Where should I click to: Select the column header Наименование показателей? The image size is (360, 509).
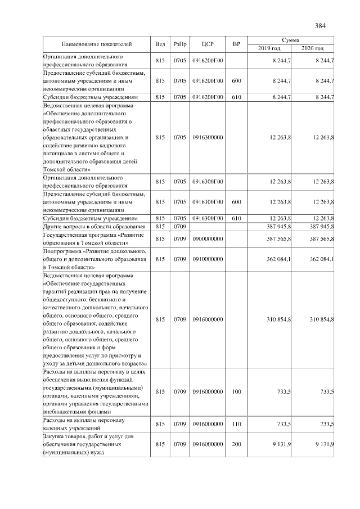(96, 44)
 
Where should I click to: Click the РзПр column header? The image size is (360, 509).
(180, 44)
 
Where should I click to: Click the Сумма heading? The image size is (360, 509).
(291, 40)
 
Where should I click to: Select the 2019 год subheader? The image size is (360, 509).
(269, 49)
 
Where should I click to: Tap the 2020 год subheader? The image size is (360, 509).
(313, 49)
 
